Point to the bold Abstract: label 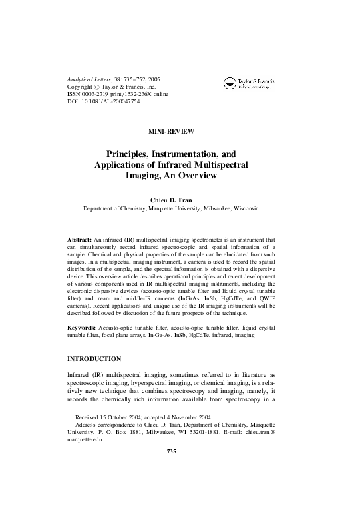(x=80, y=238)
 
